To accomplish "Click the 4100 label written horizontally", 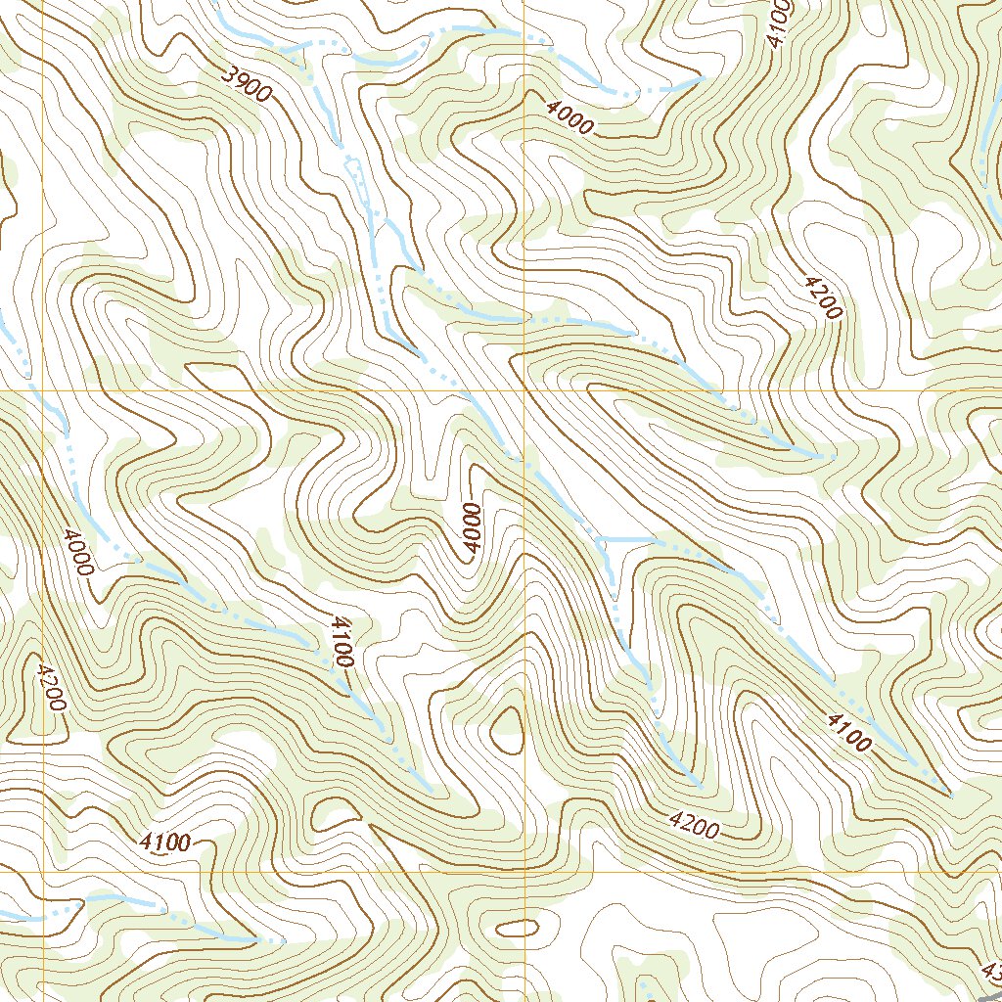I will click(164, 841).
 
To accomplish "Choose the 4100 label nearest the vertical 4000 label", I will click(341, 642).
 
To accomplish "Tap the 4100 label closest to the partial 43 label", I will click(847, 732).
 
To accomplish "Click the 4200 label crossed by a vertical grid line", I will click(45, 687).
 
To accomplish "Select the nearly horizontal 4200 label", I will click(695, 825).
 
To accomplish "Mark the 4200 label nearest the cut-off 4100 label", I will click(823, 297).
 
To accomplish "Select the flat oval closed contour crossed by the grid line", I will click(518, 926).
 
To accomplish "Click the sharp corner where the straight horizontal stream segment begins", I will click(598, 538).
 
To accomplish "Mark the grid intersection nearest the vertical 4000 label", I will click(524, 390).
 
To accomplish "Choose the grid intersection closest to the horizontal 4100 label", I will click(44, 871).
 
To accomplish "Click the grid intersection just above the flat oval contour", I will click(524, 871).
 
